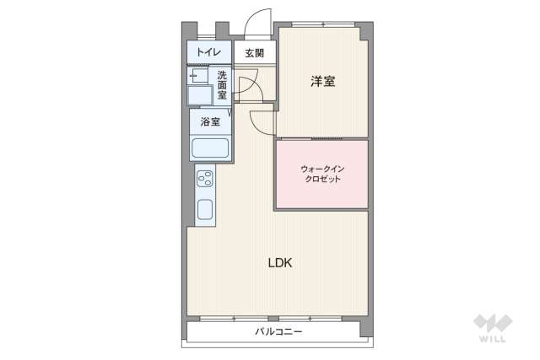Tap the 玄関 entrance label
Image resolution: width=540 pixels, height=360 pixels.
255,53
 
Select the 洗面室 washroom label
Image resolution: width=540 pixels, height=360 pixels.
222,85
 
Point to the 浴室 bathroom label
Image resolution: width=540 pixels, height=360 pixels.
210,121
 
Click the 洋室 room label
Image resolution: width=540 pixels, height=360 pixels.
323,82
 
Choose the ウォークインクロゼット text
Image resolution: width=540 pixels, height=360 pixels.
322,175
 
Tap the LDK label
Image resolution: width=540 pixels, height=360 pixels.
280,262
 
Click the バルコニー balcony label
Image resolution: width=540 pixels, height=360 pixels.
278,331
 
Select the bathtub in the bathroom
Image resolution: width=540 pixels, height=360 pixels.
210,148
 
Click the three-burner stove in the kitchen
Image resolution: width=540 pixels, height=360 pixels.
205,180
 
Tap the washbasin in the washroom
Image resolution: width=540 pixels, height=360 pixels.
200,94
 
